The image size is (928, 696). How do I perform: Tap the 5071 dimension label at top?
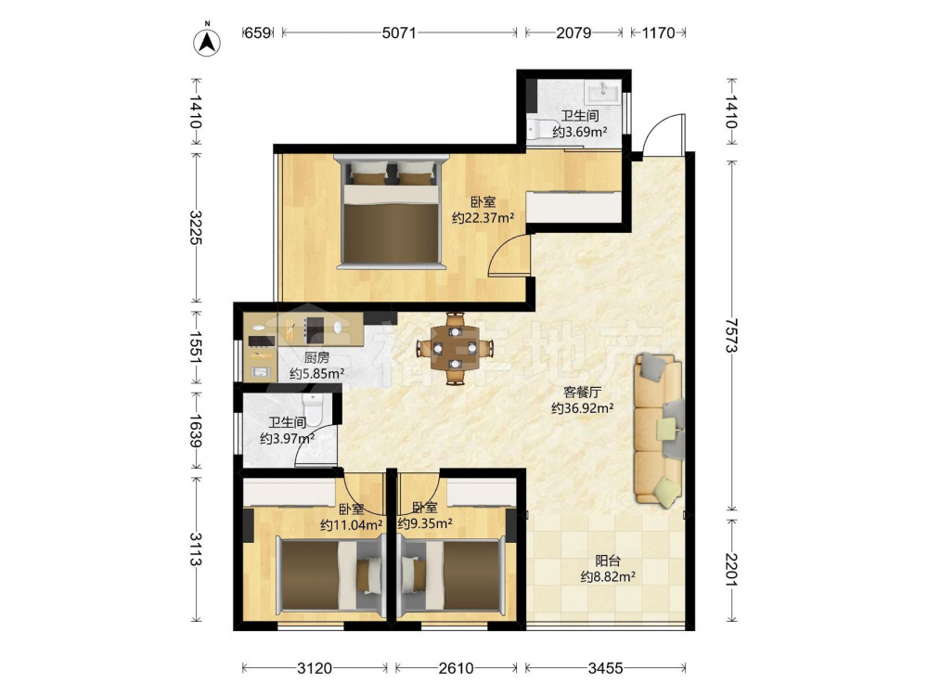coord(399,32)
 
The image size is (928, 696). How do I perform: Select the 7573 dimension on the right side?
coord(732,335)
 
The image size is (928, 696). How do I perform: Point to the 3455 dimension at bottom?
coord(605,668)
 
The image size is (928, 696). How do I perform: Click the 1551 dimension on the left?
coord(196,347)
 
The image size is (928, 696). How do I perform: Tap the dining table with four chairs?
coord(454,348)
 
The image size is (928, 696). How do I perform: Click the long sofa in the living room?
coord(659,431)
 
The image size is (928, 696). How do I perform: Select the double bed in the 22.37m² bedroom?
coord(391,212)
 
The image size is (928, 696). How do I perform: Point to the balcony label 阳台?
coord(608,560)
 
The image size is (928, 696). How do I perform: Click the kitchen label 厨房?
coord(316,357)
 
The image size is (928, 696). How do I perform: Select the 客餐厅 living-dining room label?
coord(583,392)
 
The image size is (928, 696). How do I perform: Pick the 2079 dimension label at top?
coord(574,32)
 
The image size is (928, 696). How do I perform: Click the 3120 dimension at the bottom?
coord(315,668)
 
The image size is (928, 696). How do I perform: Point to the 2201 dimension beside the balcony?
coord(732,570)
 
